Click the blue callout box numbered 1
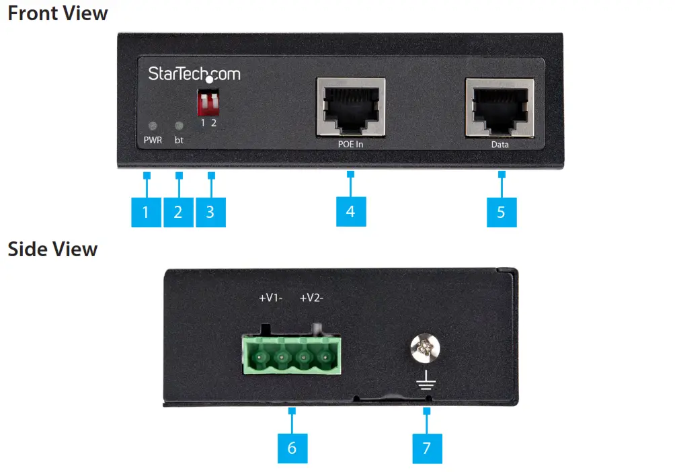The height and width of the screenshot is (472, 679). click(146, 212)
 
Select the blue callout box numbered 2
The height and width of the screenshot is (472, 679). click(178, 212)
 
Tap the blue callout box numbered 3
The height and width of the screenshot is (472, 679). click(210, 212)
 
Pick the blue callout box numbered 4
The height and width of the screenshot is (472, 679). click(350, 212)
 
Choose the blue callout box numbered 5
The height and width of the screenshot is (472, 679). click(501, 212)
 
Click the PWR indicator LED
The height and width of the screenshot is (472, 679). click(153, 126)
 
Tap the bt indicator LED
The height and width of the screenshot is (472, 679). click(179, 126)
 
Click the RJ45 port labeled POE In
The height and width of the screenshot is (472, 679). click(350, 108)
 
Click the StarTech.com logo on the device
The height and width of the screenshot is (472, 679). click(194, 74)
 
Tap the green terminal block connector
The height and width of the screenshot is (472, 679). click(292, 354)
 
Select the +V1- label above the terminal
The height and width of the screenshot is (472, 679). click(272, 297)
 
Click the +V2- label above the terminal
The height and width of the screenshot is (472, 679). click(312, 297)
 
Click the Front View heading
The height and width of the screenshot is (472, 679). click(57, 13)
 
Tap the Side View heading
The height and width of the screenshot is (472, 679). click(52, 249)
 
